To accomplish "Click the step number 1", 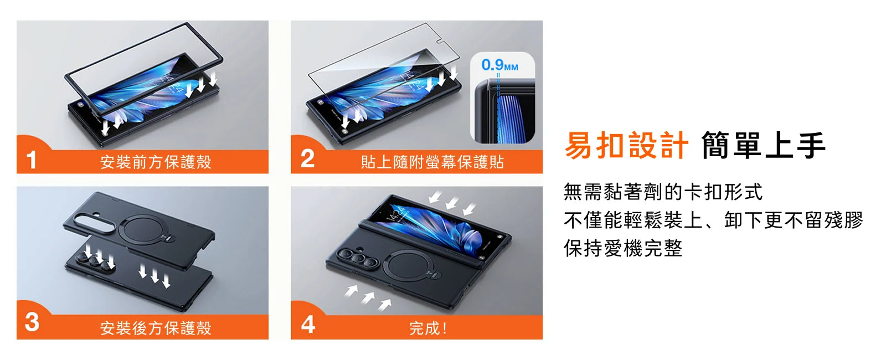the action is click(x=31, y=160).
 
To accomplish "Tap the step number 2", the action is click(x=307, y=159).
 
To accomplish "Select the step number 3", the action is click(x=32, y=322).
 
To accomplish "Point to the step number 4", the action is click(x=308, y=325).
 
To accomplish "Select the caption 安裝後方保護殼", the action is click(x=156, y=328).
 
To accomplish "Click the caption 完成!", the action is click(x=428, y=328).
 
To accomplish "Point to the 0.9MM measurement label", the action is click(x=500, y=65).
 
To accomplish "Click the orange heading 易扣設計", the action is click(x=626, y=146).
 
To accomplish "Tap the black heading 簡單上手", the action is click(x=764, y=146).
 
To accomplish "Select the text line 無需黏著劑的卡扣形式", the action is click(x=663, y=192).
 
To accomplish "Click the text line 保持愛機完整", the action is click(x=623, y=249).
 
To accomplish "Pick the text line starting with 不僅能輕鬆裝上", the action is click(x=713, y=220).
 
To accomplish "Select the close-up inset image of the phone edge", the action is click(x=502, y=97).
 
